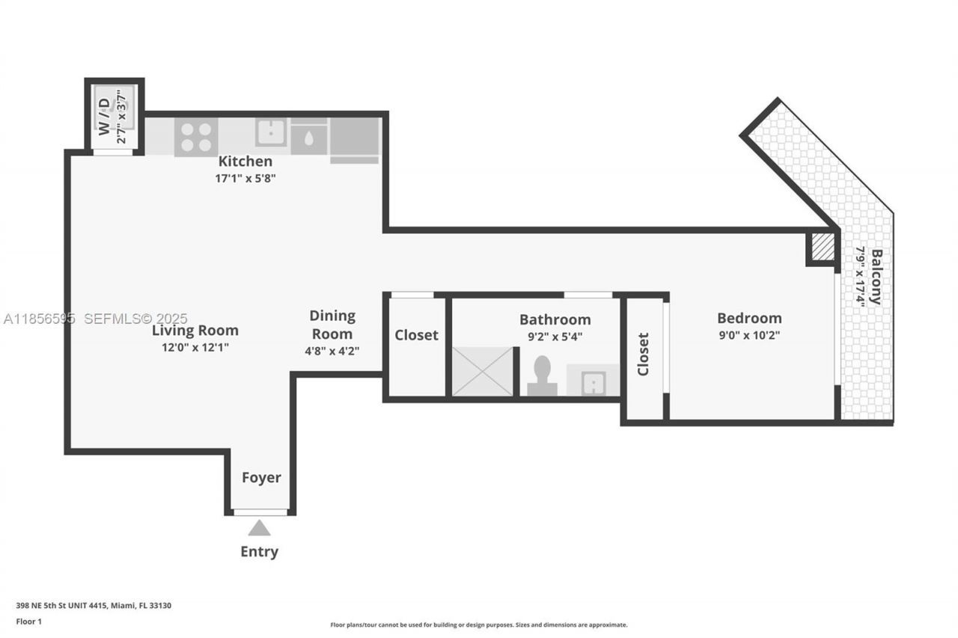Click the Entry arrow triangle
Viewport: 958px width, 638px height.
tap(259, 528)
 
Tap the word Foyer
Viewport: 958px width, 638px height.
tap(261, 478)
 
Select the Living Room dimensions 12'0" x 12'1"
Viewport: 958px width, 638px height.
tap(195, 347)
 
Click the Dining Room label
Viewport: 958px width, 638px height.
tap(332, 325)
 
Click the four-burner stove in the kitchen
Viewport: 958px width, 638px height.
tap(196, 137)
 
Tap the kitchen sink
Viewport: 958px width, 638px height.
tap(271, 132)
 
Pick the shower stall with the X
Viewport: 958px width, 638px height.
tap(483, 371)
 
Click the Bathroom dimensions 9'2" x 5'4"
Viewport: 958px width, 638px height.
tap(555, 337)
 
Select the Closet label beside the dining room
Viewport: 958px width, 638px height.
tap(416, 335)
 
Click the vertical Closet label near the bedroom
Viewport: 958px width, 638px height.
tap(643, 354)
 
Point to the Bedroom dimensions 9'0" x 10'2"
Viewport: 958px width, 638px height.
tap(748, 335)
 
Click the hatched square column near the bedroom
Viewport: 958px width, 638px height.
tap(823, 248)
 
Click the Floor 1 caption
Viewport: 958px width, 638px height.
tap(29, 622)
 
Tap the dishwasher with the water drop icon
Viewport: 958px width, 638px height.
tap(308, 138)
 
